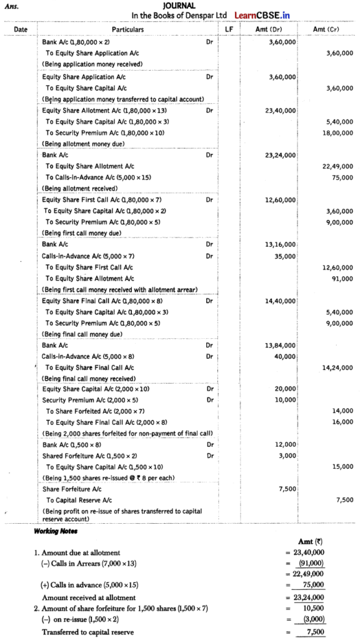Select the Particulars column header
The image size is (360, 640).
(x=127, y=29)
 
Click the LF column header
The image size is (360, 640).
(x=227, y=29)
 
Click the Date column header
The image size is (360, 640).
(x=21, y=29)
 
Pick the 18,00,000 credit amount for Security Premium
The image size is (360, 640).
(x=338, y=132)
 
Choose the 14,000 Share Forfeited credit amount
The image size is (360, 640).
(x=343, y=411)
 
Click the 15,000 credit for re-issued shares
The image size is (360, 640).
(x=343, y=466)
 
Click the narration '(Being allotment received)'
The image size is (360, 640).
(x=79, y=188)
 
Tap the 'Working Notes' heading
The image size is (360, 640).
(x=55, y=531)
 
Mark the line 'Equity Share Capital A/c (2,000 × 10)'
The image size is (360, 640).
(x=91, y=389)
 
